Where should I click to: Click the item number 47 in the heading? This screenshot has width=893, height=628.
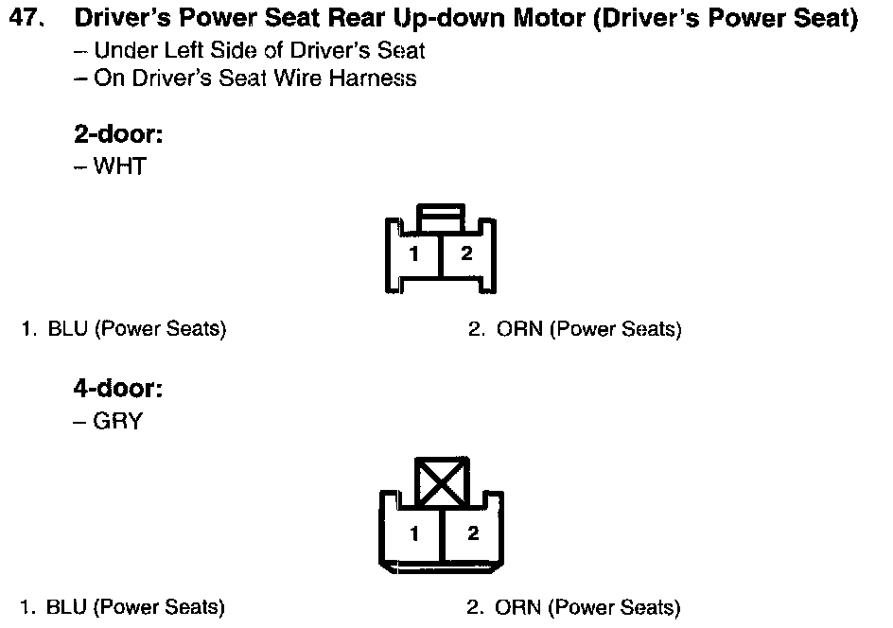pos(26,18)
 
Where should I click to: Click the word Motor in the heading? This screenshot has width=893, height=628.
pos(549,18)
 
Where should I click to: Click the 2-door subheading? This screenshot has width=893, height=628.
pos(118,133)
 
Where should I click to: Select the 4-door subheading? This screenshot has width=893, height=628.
pos(118,389)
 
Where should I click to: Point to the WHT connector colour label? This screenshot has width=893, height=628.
pos(120,166)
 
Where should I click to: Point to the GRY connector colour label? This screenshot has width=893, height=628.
pos(118,421)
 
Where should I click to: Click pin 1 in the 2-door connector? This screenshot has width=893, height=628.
pos(414,253)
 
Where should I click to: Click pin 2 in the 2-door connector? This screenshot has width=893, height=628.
pos(466,253)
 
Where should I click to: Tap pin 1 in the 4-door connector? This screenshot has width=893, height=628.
pos(414,533)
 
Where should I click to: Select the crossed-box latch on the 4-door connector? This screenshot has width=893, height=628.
pos(442,481)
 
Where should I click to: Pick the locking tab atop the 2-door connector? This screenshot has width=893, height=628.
pos(441,218)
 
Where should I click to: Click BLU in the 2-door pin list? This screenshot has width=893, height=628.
pos(67,328)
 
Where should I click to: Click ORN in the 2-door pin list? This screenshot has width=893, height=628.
pos(519,328)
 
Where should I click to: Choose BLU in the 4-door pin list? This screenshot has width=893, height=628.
pos(66,606)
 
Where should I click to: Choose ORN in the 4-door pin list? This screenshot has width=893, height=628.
pos(517,606)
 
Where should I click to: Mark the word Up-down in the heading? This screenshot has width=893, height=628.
pos(450,18)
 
